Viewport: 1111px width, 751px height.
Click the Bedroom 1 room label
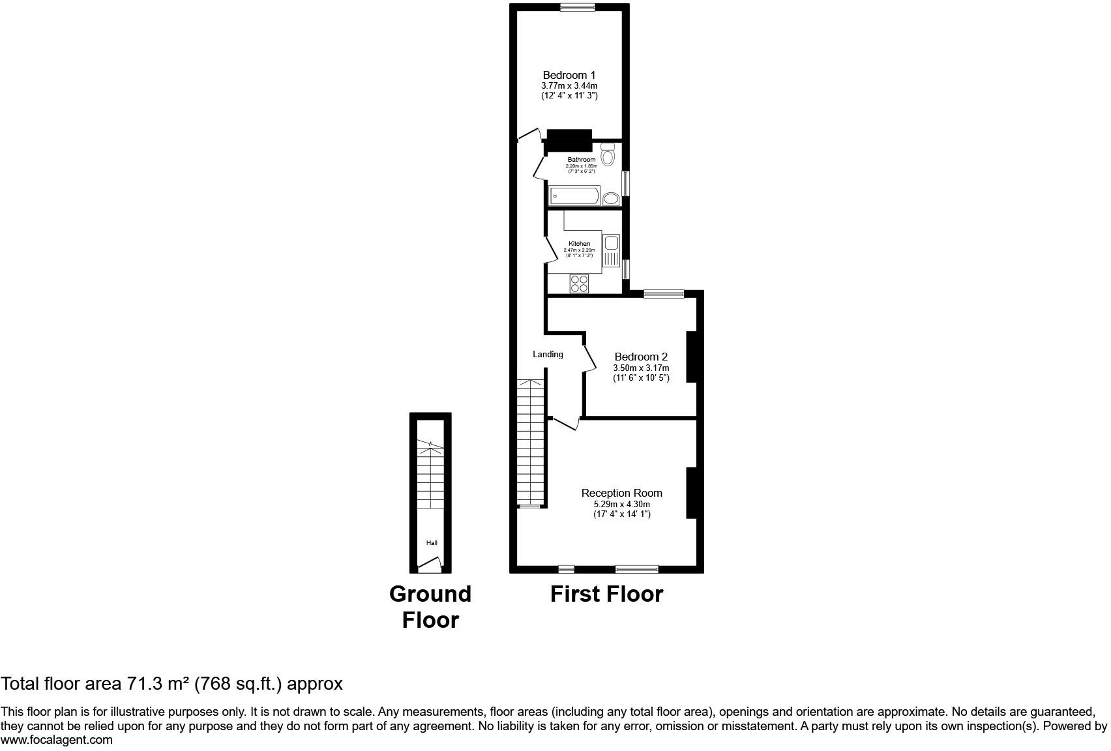569,76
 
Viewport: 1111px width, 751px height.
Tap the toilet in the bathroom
608,155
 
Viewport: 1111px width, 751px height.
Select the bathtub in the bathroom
574,196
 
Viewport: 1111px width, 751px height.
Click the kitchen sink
611,250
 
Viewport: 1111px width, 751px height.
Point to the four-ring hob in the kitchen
579,284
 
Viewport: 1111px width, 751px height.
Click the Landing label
548,354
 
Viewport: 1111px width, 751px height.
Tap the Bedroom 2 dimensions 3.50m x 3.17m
642,368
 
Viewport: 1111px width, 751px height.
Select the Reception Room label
622,493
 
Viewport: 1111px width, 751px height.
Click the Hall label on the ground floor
432,542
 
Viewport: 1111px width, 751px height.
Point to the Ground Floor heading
430,607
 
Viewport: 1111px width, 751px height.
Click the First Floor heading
606,595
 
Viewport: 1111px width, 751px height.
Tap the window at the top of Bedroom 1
578,7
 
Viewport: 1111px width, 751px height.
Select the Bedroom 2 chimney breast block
692,357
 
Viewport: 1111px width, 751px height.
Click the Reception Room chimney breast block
692,493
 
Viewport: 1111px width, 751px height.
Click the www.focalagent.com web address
57,740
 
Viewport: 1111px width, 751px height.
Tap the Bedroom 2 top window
664,294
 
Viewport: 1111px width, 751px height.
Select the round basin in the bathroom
611,199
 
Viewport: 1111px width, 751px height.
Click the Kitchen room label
580,244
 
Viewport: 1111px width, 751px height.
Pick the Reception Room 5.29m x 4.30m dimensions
622,504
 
